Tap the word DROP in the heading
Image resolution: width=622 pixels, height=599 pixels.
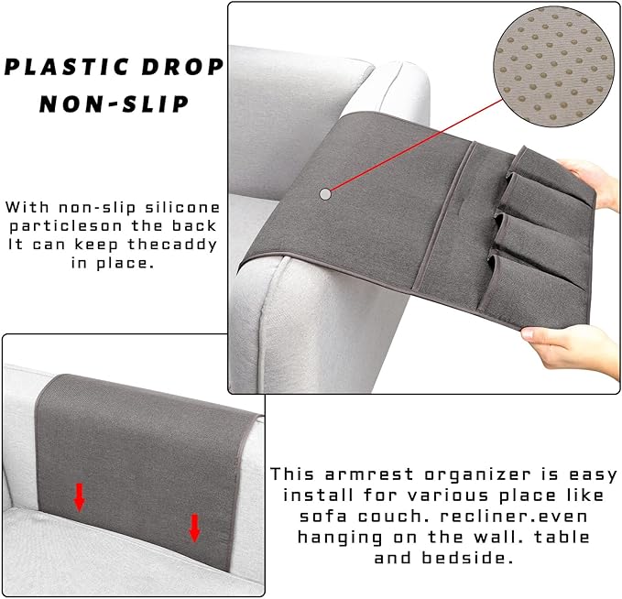(x=183, y=67)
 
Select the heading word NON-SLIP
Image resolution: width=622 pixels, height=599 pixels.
(x=114, y=103)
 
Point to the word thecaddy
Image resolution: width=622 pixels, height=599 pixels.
(x=172, y=245)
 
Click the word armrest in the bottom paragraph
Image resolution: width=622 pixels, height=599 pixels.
(x=369, y=474)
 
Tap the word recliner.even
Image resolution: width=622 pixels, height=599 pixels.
(x=514, y=517)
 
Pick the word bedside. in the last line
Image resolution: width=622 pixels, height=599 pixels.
(x=468, y=558)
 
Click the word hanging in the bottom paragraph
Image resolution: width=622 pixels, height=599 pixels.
(x=341, y=538)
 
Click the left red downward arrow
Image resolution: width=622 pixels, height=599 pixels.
(x=80, y=497)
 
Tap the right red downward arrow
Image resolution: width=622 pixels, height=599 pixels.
(x=194, y=528)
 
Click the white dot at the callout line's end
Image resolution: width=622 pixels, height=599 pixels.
(x=325, y=194)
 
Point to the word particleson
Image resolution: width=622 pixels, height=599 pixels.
(x=66, y=226)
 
